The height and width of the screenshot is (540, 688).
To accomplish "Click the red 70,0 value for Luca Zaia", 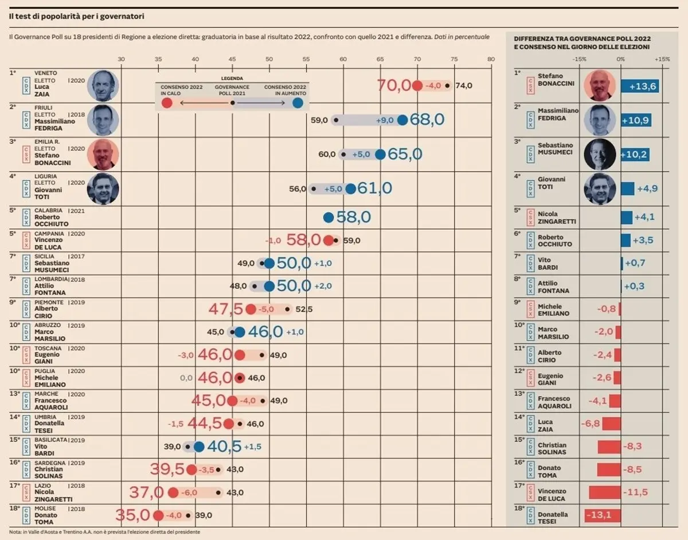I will [x=394, y=85].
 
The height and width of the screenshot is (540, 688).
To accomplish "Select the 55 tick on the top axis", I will [x=306, y=59].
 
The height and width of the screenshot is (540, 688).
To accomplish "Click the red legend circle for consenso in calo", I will [x=167, y=103].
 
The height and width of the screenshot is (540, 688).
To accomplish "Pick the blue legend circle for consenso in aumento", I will [x=298, y=103].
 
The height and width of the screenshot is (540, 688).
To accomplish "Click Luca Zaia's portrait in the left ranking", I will [x=103, y=86].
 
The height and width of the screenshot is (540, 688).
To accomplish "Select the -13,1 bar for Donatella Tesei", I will [x=603, y=515].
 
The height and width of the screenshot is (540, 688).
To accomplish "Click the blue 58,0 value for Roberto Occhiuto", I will [x=354, y=217].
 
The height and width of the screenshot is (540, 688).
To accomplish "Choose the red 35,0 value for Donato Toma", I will [x=133, y=515].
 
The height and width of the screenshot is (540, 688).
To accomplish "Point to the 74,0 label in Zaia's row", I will [x=463, y=85].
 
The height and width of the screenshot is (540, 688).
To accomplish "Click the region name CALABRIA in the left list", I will [x=49, y=210].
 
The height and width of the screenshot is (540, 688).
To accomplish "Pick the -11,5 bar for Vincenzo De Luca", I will [x=605, y=492].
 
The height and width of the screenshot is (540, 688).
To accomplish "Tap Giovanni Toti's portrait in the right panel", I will [x=599, y=189].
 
